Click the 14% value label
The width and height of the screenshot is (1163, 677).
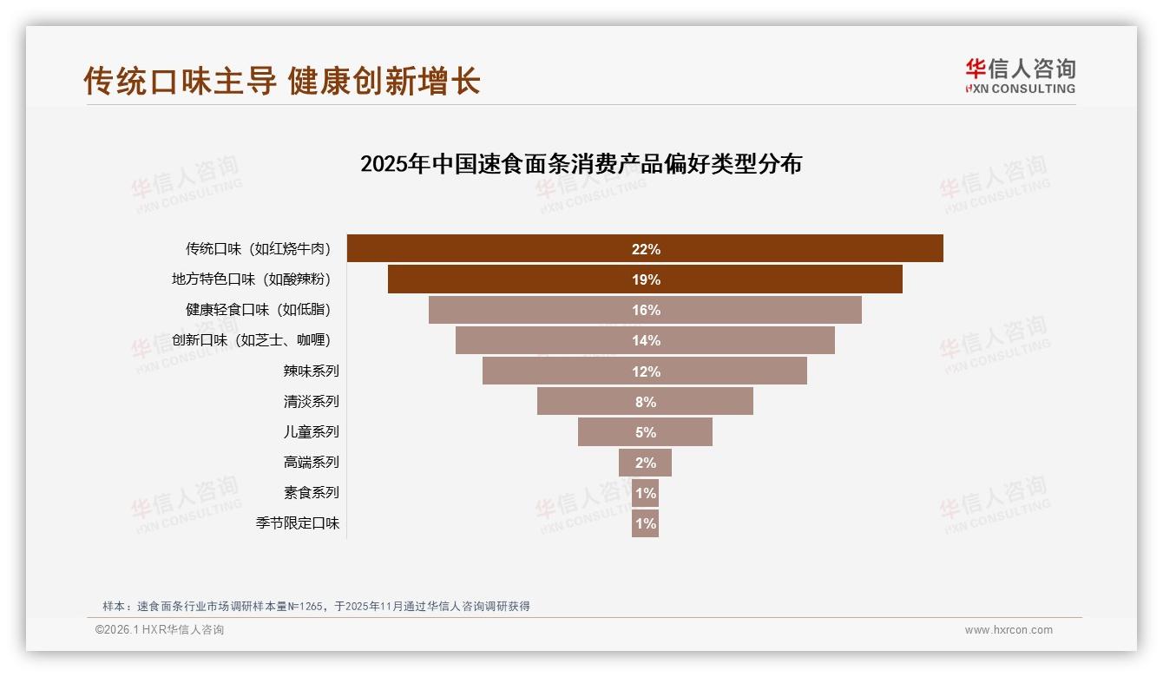tap(646, 341)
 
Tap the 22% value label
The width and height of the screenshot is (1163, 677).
tap(646, 249)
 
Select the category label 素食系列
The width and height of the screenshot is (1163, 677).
tap(311, 493)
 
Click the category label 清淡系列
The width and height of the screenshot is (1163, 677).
tap(311, 402)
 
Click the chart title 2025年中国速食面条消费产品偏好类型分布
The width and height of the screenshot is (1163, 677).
tap(581, 164)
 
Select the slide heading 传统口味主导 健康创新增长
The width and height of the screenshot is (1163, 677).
tap(282, 81)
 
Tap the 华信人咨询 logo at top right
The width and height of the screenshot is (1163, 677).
tap(1020, 76)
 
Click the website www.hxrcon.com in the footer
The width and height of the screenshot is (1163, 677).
tap(1009, 630)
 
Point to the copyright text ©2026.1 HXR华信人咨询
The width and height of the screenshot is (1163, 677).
tap(160, 630)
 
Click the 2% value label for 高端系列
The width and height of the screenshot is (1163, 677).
tap(646, 463)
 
